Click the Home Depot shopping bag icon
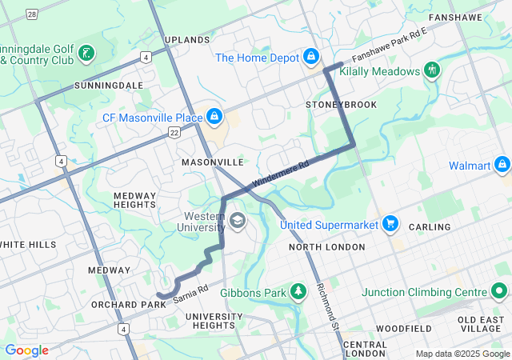[x=310, y=57]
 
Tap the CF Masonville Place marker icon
[x=214, y=118]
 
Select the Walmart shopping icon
[x=502, y=165]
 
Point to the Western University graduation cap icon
[x=238, y=218]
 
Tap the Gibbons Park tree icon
[x=298, y=291]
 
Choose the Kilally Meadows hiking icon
[x=432, y=70]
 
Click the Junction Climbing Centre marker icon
[x=500, y=291]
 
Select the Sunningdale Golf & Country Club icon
[x=86, y=54]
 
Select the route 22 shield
[x=174, y=134]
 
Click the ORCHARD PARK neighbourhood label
[x=122, y=304]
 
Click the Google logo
[x=27, y=350]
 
